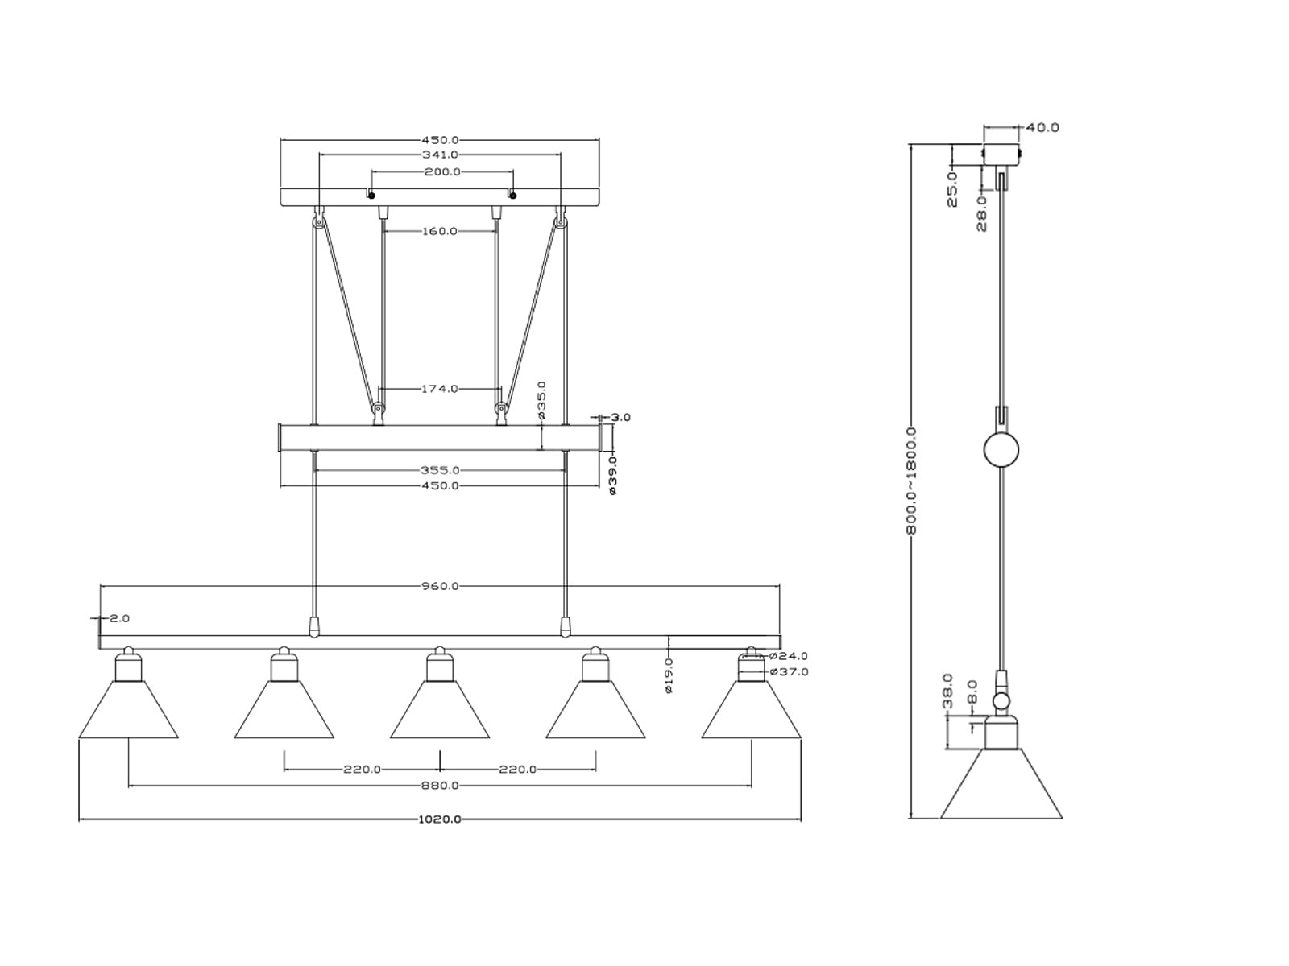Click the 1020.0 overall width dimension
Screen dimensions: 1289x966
(439, 819)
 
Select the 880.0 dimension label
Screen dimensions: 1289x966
(439, 786)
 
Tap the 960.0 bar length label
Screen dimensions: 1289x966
(439, 586)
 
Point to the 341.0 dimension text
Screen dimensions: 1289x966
(440, 155)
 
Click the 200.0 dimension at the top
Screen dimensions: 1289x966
(443, 171)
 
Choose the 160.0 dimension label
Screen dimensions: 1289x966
(439, 231)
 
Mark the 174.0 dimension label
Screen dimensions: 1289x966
(439, 388)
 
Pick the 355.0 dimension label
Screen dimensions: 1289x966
(440, 470)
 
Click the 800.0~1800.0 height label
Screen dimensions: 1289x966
(911, 481)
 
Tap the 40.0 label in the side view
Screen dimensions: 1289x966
(1042, 127)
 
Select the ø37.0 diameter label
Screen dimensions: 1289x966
(789, 671)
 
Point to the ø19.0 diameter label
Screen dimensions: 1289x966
(669, 675)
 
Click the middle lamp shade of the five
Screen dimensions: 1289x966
(439, 710)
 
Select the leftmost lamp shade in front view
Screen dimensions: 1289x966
(128, 710)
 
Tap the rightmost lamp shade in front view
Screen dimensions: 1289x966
(751, 710)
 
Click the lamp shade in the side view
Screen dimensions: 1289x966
(1001, 783)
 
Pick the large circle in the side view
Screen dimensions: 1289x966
(1001, 451)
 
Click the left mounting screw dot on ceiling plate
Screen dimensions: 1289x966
(371, 196)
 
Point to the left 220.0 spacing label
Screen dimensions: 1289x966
(363, 770)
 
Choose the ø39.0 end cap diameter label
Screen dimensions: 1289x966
(612, 475)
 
